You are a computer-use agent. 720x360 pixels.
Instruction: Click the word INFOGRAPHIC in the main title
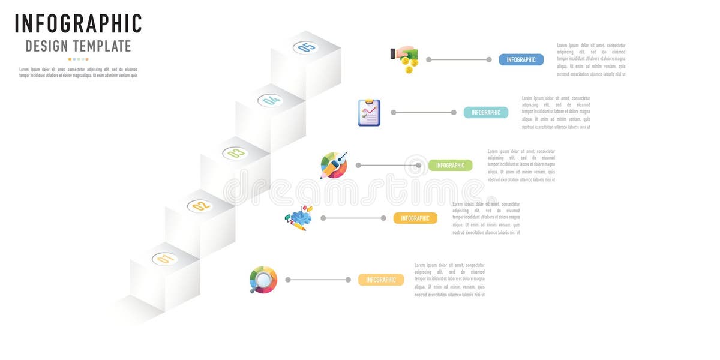coord(78,24)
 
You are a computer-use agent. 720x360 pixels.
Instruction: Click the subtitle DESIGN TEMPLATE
coord(78,46)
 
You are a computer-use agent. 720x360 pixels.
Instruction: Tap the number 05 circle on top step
coord(306,47)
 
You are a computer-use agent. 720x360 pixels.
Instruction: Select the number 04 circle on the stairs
coord(271,100)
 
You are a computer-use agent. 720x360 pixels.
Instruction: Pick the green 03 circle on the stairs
coord(235,153)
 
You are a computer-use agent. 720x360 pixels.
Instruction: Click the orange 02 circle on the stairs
coord(200,206)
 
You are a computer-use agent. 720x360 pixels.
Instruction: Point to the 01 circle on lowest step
coord(165,259)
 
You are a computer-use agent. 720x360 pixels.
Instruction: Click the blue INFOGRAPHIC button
coord(521,59)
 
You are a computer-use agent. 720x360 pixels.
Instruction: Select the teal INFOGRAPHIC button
coord(485,112)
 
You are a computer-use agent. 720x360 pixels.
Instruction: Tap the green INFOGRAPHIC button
coord(450,165)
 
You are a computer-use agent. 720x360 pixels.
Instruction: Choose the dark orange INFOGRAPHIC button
coord(415,218)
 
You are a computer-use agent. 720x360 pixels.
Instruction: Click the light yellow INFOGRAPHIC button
coord(380,280)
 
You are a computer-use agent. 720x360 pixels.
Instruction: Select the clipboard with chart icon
coord(369,112)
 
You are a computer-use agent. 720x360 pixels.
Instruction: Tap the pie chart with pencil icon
coord(334,165)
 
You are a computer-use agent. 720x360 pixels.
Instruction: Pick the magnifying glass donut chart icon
coord(263,280)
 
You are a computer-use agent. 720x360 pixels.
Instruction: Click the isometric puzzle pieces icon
coord(298,218)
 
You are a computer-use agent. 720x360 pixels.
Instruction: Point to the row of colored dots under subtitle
coord(78,59)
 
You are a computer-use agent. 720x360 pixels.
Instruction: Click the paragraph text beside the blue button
coord(591,59)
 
